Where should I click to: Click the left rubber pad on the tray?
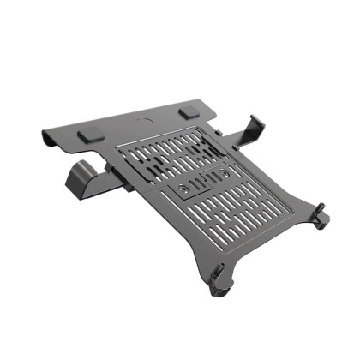click(x=88, y=135)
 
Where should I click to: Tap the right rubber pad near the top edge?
click(x=189, y=112)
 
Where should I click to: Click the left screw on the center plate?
click(x=185, y=186)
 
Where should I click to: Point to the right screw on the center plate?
click(x=224, y=173)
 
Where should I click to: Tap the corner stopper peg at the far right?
click(x=320, y=213)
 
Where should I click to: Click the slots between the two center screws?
click(x=204, y=180)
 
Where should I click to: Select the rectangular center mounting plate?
click(x=204, y=181)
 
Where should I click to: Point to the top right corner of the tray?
click(x=211, y=104)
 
